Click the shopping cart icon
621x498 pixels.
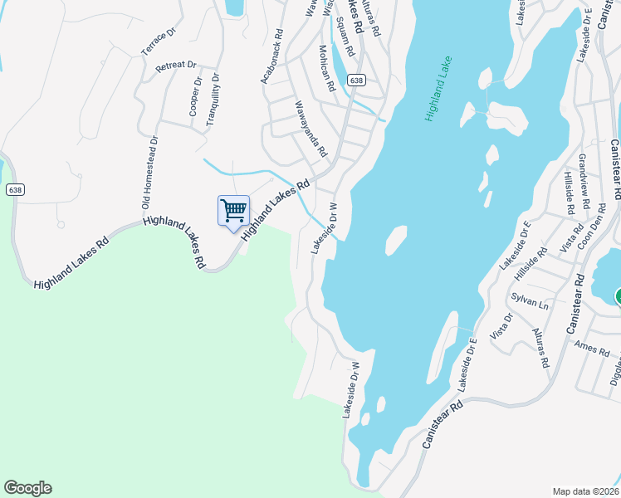point(233,210)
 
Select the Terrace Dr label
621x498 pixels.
point(159,41)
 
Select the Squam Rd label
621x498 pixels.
point(345,37)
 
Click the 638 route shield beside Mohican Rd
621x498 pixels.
point(356,81)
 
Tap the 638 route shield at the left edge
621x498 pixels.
point(14,190)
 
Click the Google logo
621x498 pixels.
point(27,488)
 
